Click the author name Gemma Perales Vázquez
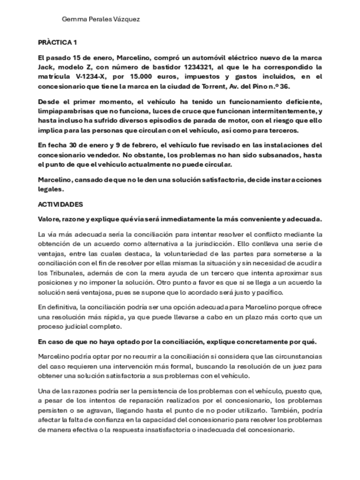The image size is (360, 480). click(101, 19)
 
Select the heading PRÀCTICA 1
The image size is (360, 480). click(57, 43)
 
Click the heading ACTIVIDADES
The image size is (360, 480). click(61, 204)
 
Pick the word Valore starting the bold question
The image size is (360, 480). click(49, 218)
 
